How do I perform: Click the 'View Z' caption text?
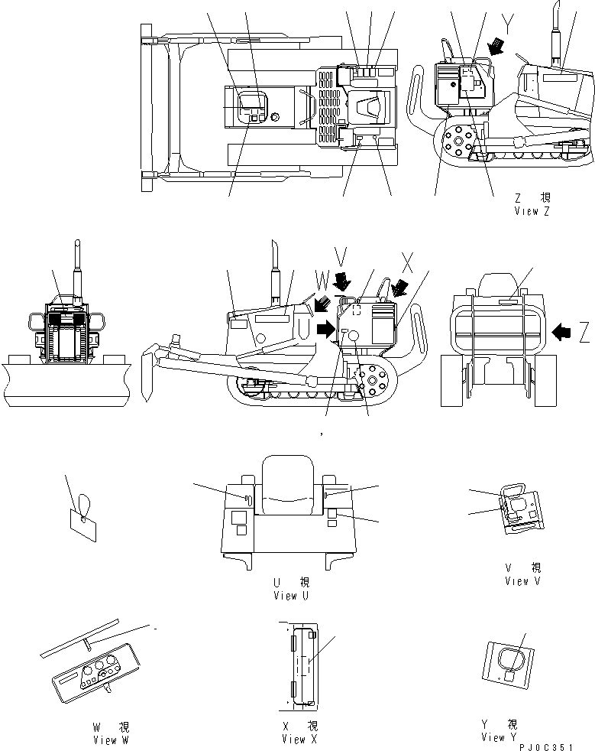click(x=532, y=211)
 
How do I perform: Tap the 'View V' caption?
click(x=522, y=581)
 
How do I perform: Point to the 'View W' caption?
click(x=105, y=740)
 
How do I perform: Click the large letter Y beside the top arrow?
click(x=507, y=22)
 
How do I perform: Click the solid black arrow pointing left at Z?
click(x=561, y=332)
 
